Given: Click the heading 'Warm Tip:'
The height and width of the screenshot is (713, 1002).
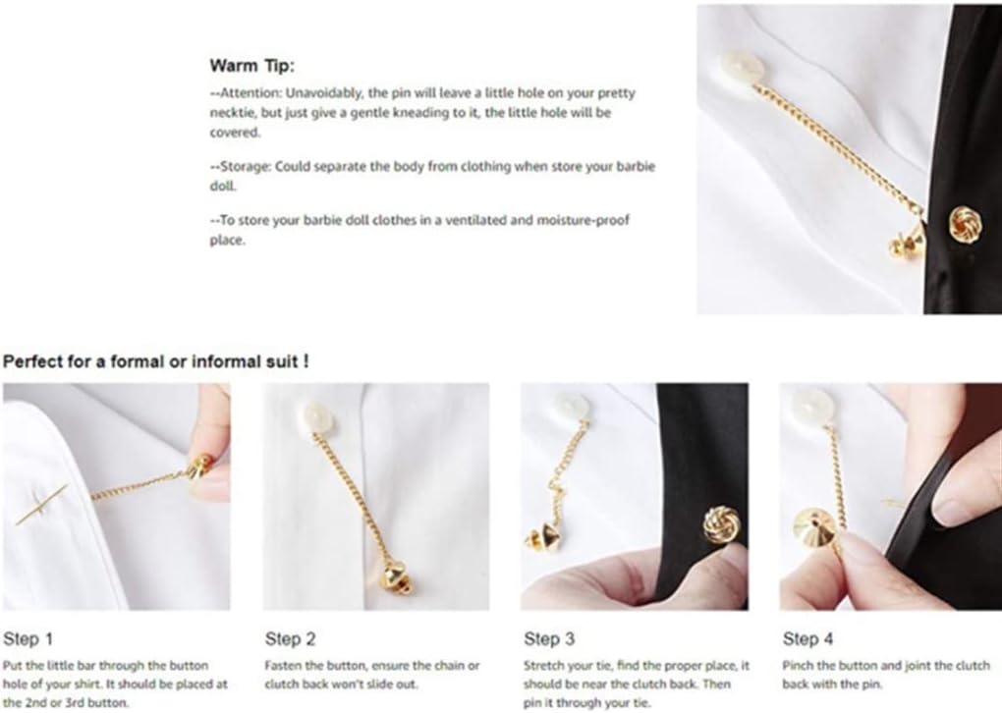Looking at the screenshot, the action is pos(252,66).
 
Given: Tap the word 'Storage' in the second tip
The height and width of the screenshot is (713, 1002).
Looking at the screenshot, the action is pos(246,167).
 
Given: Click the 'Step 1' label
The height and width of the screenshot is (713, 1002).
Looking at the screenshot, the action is pos(28,639).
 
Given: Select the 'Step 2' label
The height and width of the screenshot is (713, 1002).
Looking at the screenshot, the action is pos(290,639).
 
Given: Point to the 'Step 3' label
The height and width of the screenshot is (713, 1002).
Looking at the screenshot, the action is pos(549,639).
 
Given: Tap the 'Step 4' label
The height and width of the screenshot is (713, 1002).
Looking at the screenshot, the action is pos(807,639).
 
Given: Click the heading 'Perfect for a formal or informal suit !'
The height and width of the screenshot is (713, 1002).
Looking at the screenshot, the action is pos(156,361).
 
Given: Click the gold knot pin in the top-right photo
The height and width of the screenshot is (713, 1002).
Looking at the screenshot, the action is pos(965,223).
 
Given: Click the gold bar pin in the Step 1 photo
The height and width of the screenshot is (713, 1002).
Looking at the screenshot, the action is pos(41,505).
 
